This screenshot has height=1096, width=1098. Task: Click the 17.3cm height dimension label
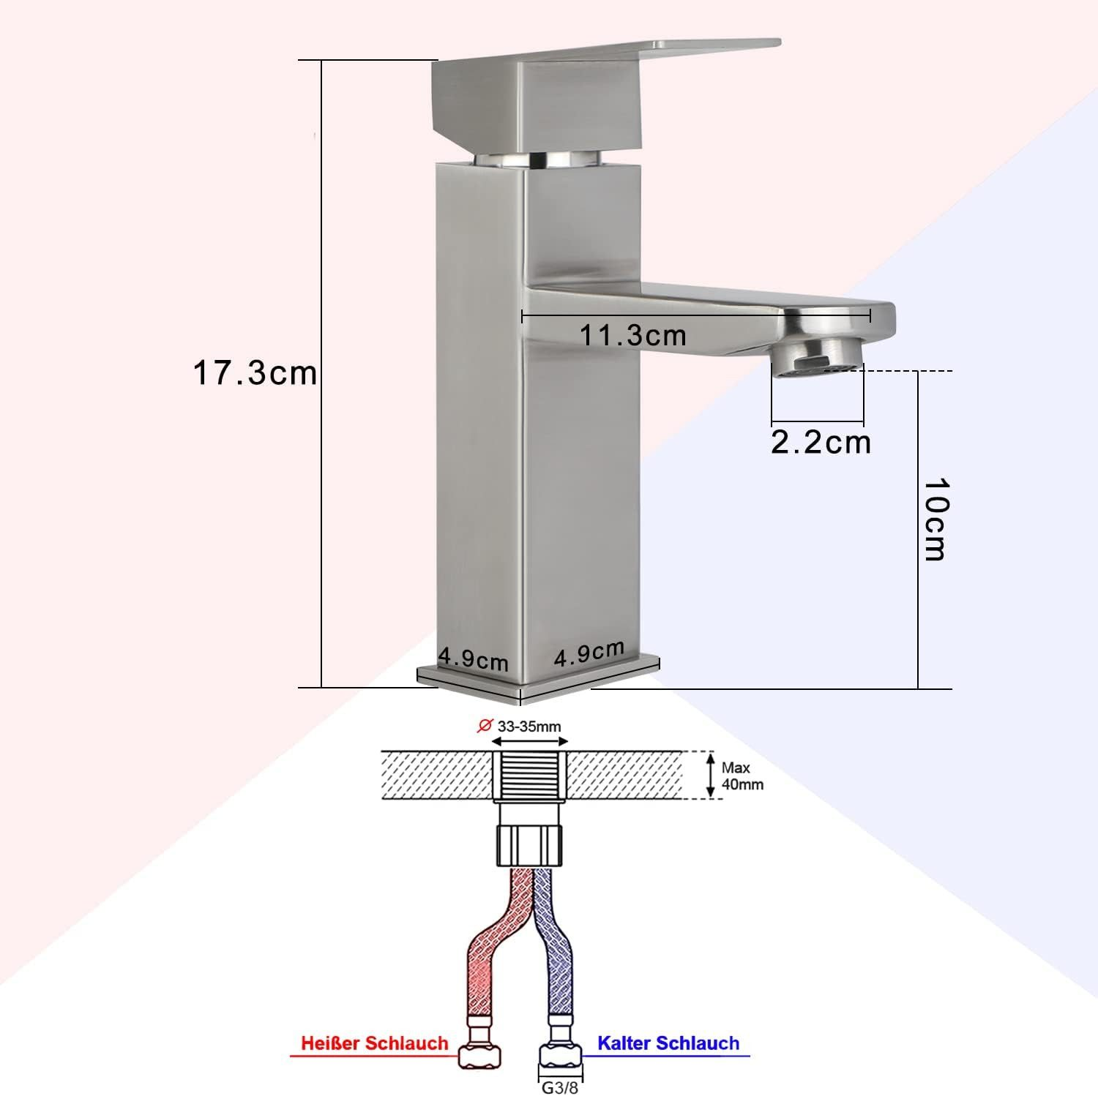click(255, 372)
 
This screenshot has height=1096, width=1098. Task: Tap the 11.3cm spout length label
click(633, 335)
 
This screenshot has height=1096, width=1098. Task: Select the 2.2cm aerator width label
click(821, 442)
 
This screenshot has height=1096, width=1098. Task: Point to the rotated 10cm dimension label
click(935, 519)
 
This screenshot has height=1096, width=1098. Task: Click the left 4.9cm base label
click(473, 658)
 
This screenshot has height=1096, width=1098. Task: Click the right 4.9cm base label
click(589, 652)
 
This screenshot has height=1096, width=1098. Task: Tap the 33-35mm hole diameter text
click(529, 727)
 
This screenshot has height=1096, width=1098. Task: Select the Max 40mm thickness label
click(742, 776)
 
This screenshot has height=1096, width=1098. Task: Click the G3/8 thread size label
click(560, 1087)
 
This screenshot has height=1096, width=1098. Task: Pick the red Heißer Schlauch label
click(375, 1043)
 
